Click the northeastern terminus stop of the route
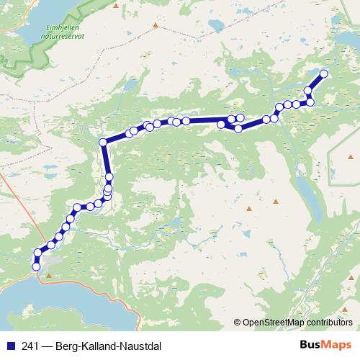tap(323, 73)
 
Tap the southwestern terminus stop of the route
tap(36, 267)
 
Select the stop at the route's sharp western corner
tap(103, 142)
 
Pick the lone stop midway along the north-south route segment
tap(109, 176)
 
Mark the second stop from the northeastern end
tap(308, 91)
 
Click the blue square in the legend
tap(9, 343)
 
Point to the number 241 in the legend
tap(30, 343)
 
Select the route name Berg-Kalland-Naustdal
tap(114, 343)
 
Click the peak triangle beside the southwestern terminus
tap(48, 275)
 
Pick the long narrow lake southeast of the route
tap(306, 191)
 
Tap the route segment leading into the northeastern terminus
tap(316, 81)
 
